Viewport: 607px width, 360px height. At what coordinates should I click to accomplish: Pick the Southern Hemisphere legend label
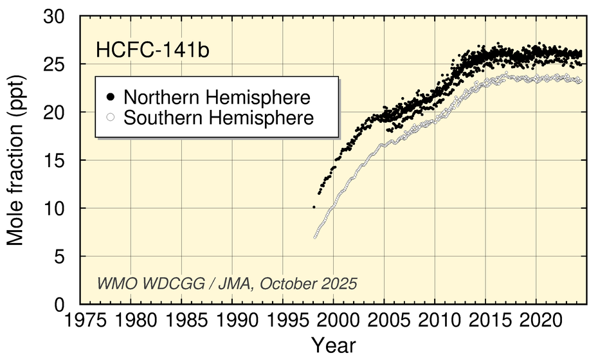(x=219, y=118)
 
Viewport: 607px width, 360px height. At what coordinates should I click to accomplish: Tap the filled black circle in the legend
(x=110, y=97)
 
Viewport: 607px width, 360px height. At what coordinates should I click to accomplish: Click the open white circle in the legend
(x=110, y=118)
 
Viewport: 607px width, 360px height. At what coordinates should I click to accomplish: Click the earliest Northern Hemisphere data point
(x=314, y=207)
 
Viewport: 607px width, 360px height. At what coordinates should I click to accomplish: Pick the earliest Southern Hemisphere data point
(x=315, y=237)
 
